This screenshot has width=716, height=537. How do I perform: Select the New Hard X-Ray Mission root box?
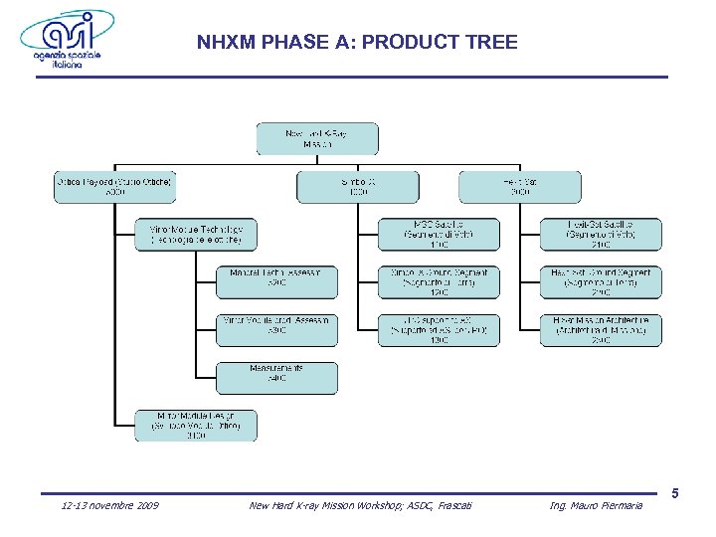tap(316, 139)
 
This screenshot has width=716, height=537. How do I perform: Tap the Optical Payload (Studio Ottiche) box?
tap(115, 187)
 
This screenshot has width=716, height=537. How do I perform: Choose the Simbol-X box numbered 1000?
tap(357, 187)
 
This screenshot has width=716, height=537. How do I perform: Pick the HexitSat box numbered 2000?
tap(519, 187)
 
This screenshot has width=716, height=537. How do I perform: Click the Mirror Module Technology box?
tap(196, 235)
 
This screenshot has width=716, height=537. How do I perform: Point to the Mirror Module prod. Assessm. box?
tap(276, 330)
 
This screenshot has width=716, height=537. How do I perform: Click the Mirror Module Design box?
tap(196, 426)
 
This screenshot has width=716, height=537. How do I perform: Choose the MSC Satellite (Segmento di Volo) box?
tap(439, 235)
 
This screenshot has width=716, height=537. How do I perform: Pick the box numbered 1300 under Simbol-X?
tap(439, 330)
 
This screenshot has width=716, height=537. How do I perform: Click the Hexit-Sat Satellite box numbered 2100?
tap(601, 235)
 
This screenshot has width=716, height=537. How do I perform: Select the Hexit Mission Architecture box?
tap(601, 330)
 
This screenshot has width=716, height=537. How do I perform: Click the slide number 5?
tap(675, 493)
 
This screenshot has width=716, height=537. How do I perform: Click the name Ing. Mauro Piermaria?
tap(596, 506)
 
